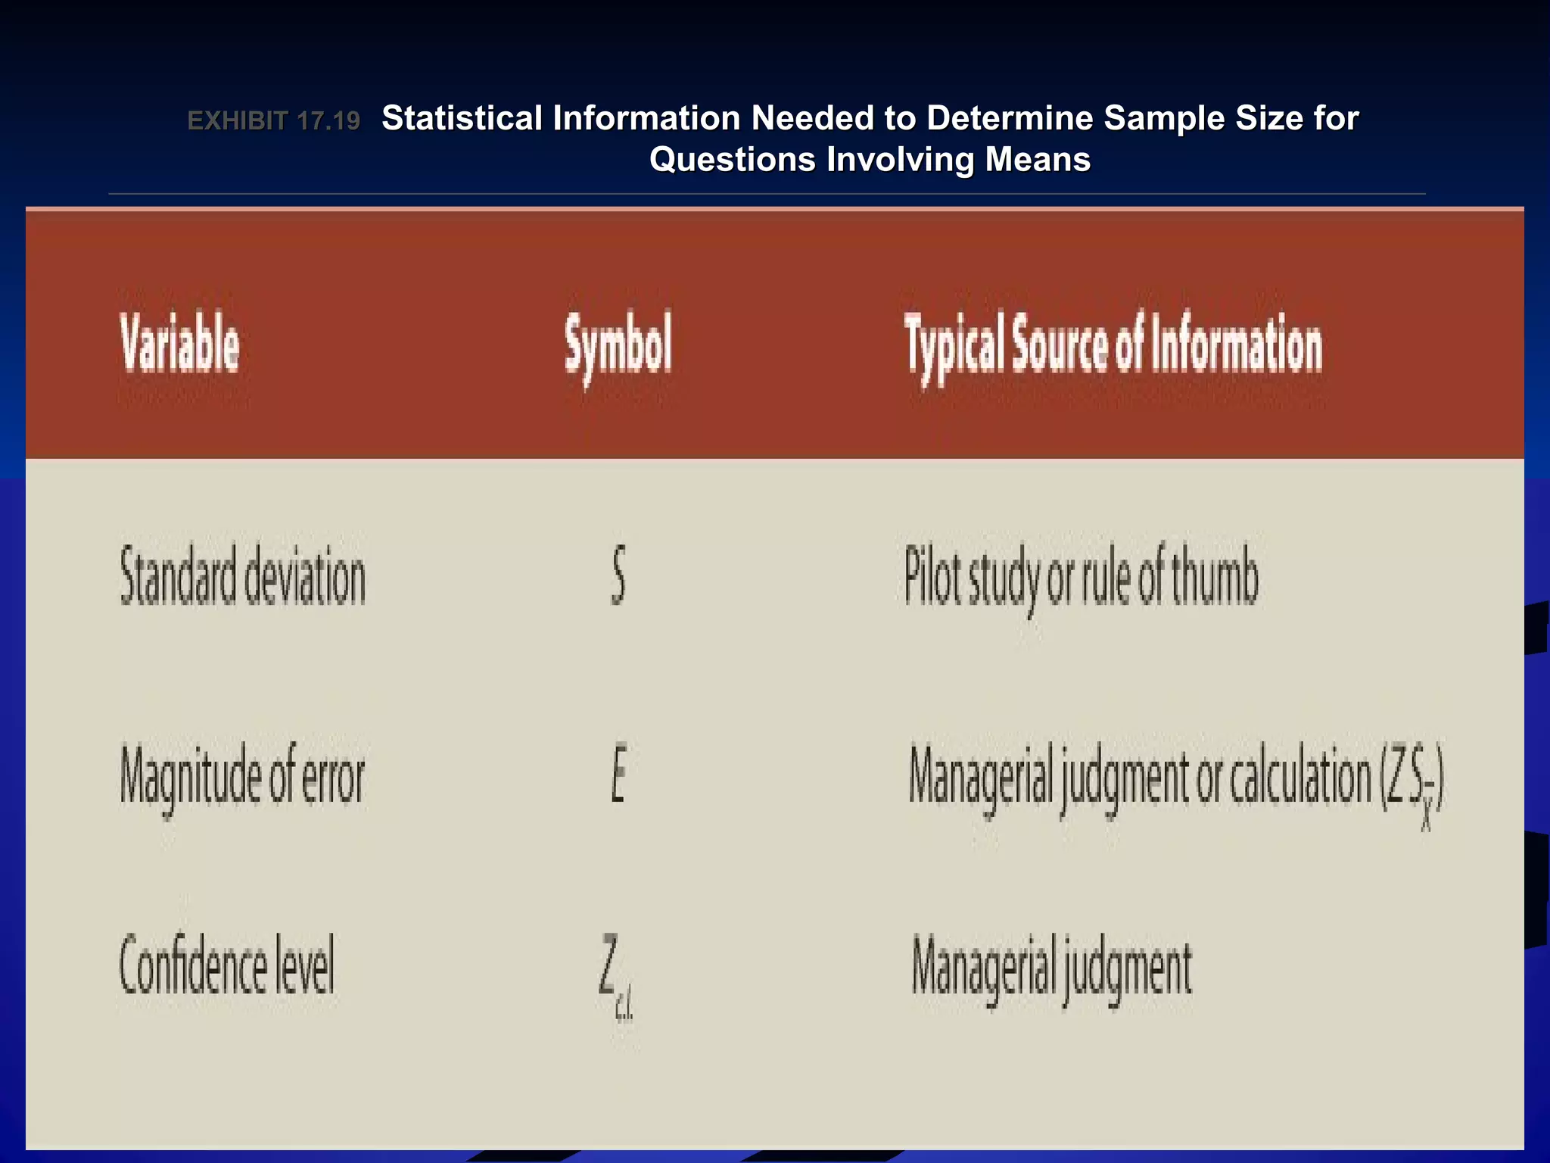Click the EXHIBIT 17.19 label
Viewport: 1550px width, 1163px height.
pos(273,121)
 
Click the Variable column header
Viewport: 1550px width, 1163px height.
pos(180,345)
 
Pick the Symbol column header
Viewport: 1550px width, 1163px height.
pos(618,345)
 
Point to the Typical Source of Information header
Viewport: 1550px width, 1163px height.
pos(1113,345)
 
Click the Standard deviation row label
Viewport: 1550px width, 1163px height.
pos(243,577)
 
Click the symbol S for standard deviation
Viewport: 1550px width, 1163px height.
pos(618,576)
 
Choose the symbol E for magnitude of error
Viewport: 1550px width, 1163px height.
pos(618,774)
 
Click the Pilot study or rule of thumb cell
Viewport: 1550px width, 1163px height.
pos(1081,577)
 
